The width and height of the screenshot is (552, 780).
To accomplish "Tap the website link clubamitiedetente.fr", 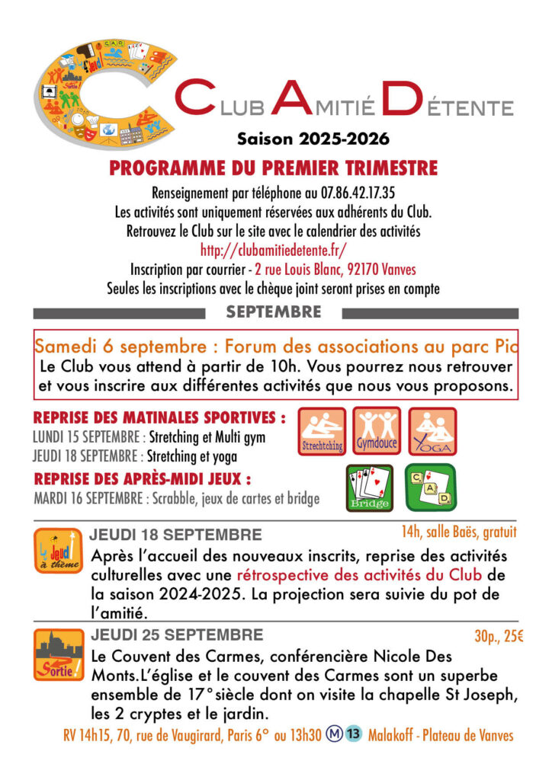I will (x=275, y=250).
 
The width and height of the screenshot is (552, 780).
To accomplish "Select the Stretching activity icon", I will (x=321, y=432).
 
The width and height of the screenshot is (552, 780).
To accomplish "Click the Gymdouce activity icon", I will (x=376, y=431).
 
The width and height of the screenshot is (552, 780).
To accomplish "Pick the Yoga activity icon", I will (x=432, y=431).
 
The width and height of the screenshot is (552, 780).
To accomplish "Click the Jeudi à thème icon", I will (x=58, y=551).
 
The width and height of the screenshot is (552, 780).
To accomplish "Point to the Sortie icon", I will (x=58, y=654).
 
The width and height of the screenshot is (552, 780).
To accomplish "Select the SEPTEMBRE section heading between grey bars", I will (x=274, y=312).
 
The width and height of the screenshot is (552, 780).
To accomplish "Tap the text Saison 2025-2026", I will (x=313, y=139).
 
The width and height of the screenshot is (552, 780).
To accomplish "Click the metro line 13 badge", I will (x=352, y=735).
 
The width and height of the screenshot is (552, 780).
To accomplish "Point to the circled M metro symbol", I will (x=333, y=735).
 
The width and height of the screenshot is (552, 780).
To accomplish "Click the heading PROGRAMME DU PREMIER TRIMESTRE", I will (x=273, y=168).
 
